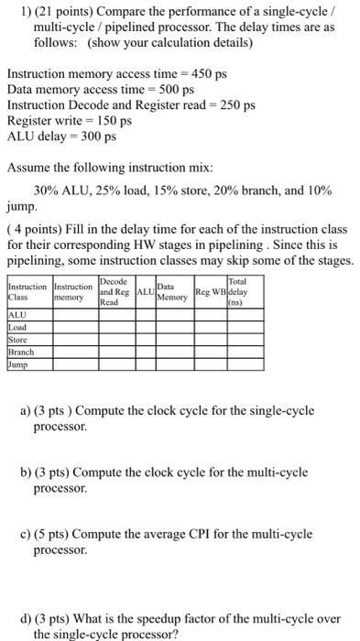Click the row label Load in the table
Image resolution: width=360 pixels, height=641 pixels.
[x=17, y=328]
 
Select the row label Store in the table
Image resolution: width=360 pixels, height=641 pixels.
[x=18, y=340]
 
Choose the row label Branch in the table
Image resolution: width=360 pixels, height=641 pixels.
[x=21, y=352]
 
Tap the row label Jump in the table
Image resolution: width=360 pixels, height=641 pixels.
[x=18, y=364]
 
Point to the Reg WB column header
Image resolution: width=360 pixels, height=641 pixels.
[x=210, y=293]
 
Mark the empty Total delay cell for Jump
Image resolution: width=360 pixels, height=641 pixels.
[x=238, y=364]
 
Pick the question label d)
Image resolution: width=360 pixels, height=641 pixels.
[x=51, y=617]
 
